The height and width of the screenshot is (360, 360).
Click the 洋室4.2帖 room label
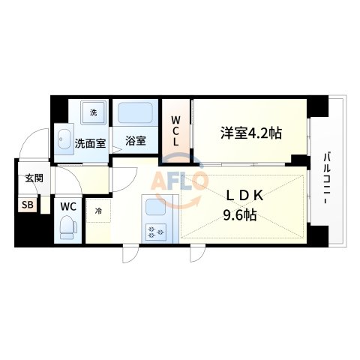point(250,133)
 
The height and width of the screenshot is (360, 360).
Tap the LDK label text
point(245,196)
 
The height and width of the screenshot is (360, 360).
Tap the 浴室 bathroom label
point(136,140)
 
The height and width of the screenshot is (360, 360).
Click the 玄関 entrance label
point(33,178)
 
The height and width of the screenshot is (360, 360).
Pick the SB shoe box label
point(27,205)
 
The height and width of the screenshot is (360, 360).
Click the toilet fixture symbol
point(67,225)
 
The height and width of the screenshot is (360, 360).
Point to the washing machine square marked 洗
point(94,112)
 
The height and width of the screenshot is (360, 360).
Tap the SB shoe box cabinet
point(27,205)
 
